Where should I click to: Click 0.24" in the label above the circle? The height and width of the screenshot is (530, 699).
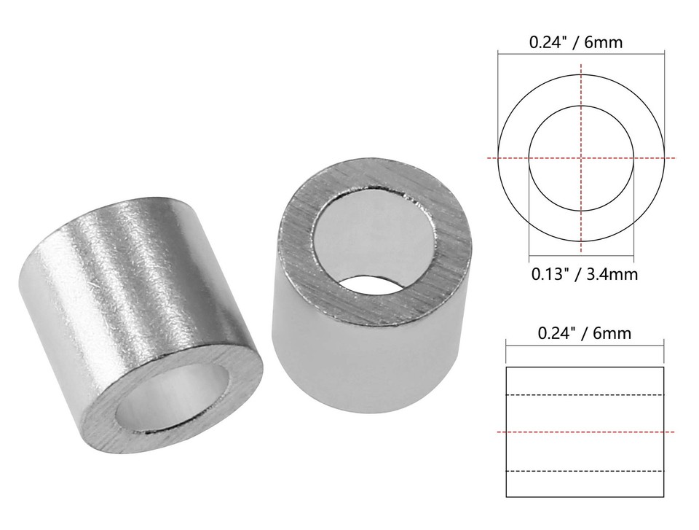(x=545, y=42)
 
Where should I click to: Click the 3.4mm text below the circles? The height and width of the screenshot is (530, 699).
(x=608, y=276)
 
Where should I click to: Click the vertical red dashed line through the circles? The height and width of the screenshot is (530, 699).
(x=581, y=87)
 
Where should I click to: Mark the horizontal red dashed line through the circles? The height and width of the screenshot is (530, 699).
(x=510, y=158)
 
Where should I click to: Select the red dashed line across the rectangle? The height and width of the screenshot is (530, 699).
(x=582, y=432)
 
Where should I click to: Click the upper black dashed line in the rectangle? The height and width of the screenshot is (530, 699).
(x=582, y=395)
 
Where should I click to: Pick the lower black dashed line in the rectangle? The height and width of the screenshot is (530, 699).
(x=582, y=471)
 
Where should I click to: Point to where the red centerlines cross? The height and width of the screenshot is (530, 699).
(x=581, y=158)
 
